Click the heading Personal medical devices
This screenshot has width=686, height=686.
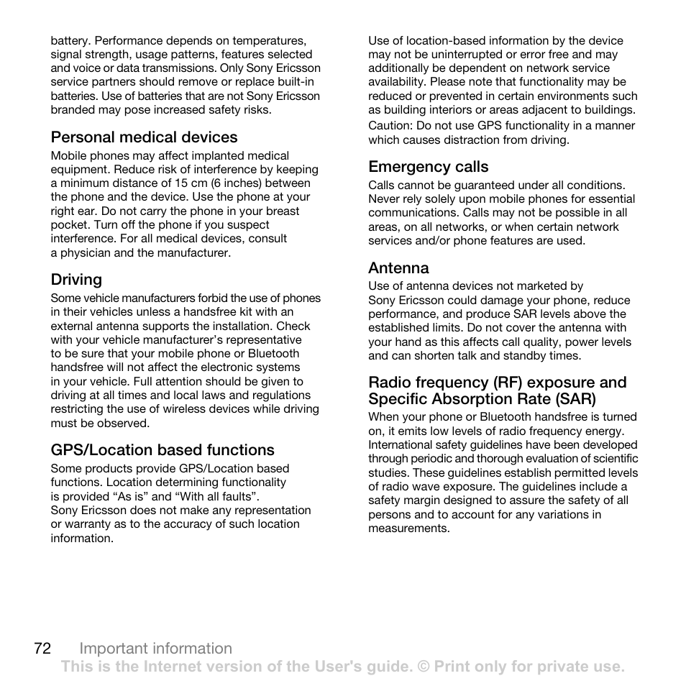(144, 137)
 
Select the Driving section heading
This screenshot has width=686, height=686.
(76, 280)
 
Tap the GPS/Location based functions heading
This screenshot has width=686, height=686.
(163, 450)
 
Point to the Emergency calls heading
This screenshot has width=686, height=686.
(429, 167)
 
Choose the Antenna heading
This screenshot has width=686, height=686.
(398, 268)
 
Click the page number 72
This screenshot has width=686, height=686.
(42, 649)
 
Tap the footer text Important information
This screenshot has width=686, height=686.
(156, 649)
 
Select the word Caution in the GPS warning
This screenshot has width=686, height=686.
(389, 126)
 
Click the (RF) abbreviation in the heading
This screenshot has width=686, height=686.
(508, 383)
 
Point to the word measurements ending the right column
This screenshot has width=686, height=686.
(407, 529)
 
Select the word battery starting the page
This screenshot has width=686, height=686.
(70, 41)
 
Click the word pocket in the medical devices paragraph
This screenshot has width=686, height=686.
(69, 225)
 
